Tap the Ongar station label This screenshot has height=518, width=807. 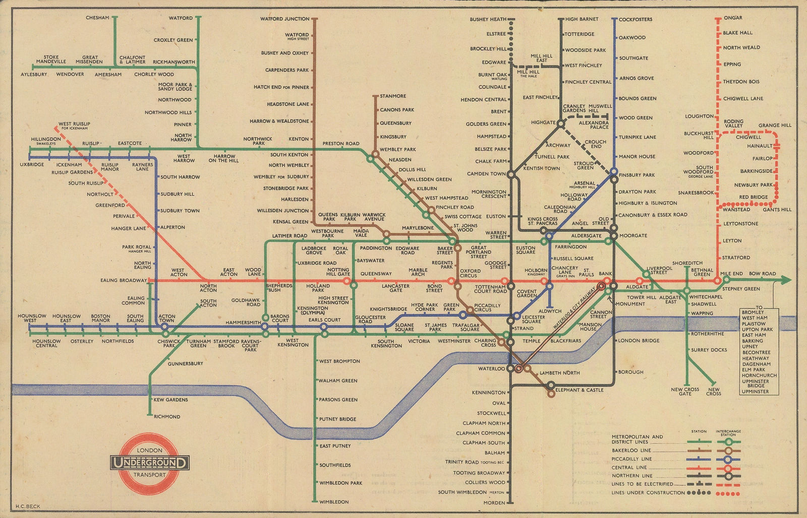pyautogui.click(x=732, y=18)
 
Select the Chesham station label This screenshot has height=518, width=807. pyautogui.click(x=97, y=18)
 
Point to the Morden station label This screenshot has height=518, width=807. pyautogui.click(x=495, y=503)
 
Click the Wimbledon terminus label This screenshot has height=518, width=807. pyautogui.click(x=333, y=502)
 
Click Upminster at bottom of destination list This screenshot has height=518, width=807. pyautogui.click(x=756, y=392)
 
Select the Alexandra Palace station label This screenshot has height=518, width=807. pyautogui.click(x=593, y=124)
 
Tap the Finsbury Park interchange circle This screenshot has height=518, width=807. pyautogui.click(x=614, y=172)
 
